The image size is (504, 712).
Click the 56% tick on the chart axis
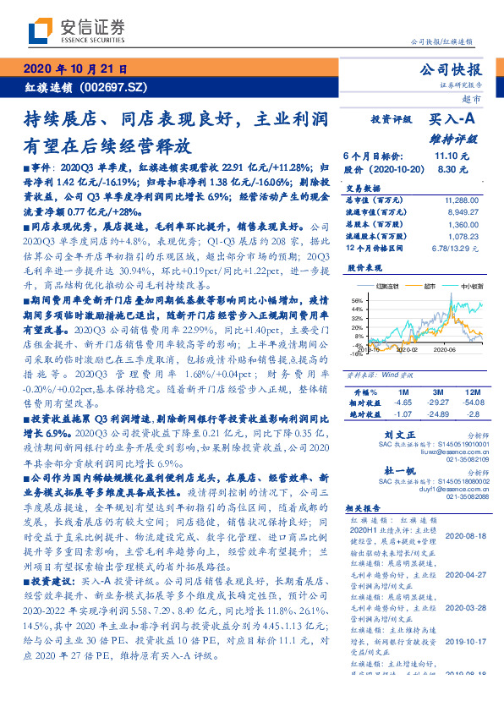point(356,300)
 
